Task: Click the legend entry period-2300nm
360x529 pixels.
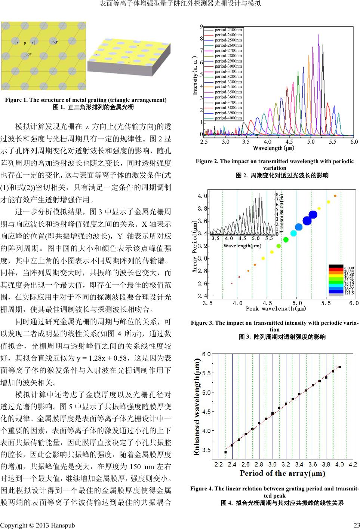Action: tap(228, 29)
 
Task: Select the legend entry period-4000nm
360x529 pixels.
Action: tap(228, 118)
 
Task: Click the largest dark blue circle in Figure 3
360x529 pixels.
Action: tap(313, 214)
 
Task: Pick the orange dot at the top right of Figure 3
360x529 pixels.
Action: tap(335, 196)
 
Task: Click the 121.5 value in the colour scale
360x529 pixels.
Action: tap(338, 293)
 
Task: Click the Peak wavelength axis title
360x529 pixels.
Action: tap(276, 309)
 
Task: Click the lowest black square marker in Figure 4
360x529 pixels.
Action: tap(225, 452)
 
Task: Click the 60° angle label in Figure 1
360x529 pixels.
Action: tap(29, 55)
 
